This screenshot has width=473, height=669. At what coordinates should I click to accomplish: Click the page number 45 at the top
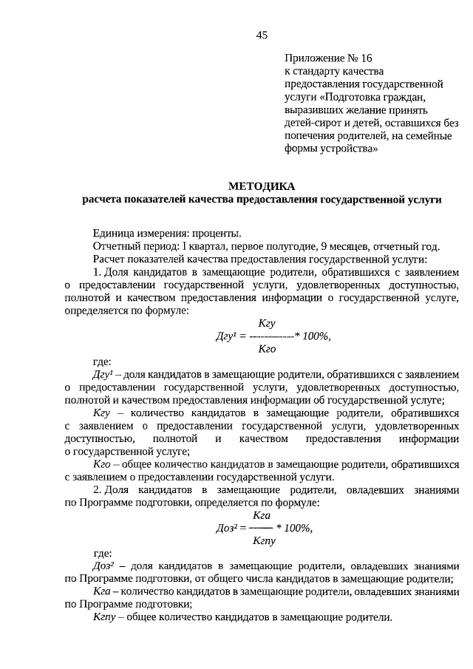[x=262, y=35]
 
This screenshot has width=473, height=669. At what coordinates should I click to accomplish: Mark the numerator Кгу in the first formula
[x=267, y=324]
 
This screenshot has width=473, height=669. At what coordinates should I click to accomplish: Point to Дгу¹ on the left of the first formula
[x=225, y=336]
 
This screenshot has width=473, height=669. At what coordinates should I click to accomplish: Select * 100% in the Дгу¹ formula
[x=312, y=336]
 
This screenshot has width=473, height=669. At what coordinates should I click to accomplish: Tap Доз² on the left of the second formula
[x=228, y=528]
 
